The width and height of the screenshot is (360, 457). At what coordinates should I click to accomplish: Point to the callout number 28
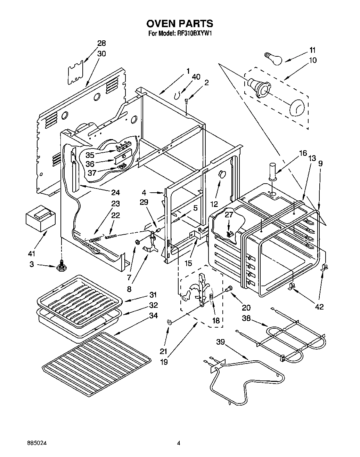coord(101,43)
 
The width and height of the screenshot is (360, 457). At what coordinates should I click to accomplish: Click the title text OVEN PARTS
coord(179,23)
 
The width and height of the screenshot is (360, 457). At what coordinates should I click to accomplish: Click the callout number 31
coord(153,295)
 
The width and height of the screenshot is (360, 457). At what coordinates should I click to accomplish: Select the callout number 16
coord(303,153)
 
